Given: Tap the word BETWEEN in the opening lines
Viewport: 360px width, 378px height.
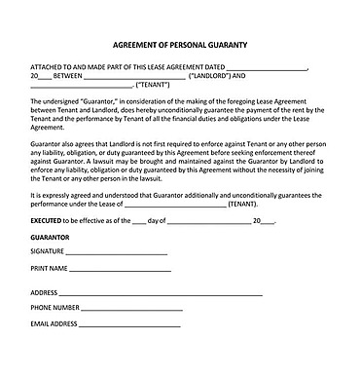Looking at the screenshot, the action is tap(61, 75).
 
